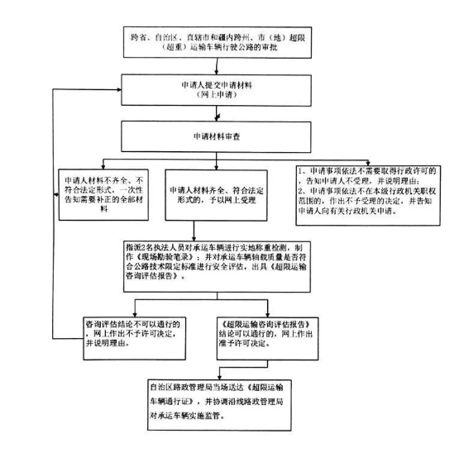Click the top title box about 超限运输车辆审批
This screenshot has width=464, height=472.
click(x=218, y=42)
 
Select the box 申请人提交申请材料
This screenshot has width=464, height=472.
click(x=216, y=90)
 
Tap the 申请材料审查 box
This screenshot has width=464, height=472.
click(x=216, y=136)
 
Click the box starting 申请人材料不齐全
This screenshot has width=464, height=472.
click(x=103, y=195)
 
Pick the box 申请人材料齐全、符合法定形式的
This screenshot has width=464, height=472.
click(x=216, y=195)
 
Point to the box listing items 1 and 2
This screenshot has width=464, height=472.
click(x=368, y=195)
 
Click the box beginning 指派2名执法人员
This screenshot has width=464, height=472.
click(x=217, y=267)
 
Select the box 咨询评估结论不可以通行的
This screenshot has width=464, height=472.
click(x=134, y=339)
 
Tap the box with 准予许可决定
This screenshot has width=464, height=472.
click(x=267, y=339)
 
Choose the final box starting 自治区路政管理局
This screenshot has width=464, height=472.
click(x=219, y=405)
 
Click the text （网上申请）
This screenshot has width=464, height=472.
click(x=217, y=95)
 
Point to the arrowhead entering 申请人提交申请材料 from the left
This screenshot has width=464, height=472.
click(x=119, y=89)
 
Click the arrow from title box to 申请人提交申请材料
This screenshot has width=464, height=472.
click(x=217, y=66)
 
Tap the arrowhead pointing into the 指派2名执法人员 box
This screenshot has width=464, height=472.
click(x=194, y=238)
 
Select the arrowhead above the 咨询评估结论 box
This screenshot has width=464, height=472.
click(x=135, y=315)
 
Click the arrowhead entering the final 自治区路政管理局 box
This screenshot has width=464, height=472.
click(x=219, y=377)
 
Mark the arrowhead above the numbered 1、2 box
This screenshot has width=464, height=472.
click(x=368, y=163)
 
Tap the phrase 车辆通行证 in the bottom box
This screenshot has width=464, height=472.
click(x=172, y=401)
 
